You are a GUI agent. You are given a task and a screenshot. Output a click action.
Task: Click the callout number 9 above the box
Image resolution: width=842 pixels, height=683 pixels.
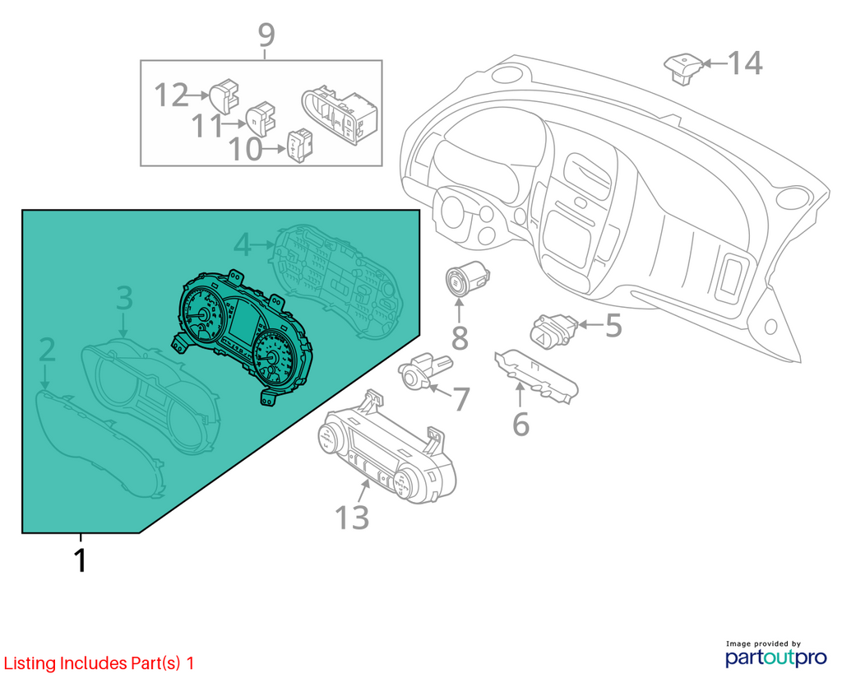click(266, 35)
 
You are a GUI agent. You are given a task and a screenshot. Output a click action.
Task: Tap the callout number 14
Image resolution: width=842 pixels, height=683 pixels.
click(745, 63)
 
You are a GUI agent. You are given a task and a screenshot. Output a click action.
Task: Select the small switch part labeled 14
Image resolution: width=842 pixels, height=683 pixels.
click(683, 68)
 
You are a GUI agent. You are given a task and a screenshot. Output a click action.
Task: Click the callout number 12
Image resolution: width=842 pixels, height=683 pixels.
click(171, 95)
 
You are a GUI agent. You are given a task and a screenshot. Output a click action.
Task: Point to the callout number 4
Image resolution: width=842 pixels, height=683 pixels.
click(243, 244)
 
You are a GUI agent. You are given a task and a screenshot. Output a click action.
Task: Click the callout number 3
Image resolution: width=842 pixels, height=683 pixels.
click(124, 298)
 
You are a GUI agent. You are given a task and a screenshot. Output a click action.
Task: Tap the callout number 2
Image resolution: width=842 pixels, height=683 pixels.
click(47, 349)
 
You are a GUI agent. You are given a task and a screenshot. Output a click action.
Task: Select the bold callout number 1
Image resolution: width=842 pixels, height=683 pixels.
click(80, 560)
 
